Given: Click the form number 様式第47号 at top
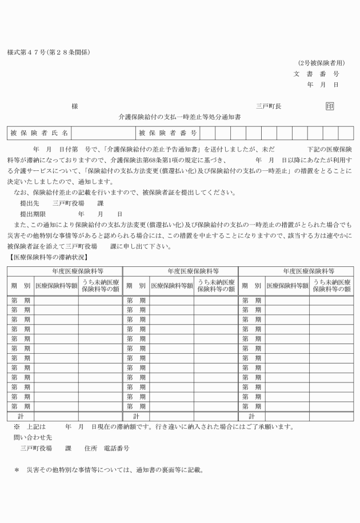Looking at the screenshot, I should [27, 53].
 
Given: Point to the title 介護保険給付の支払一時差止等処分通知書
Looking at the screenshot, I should [179, 116].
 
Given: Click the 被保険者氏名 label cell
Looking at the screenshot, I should [39, 133].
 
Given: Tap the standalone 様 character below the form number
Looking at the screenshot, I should [74, 106].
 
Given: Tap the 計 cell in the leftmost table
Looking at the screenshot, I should [21, 417].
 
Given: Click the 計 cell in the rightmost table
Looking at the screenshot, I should [251, 417].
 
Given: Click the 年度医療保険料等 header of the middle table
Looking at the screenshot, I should [179, 270].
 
